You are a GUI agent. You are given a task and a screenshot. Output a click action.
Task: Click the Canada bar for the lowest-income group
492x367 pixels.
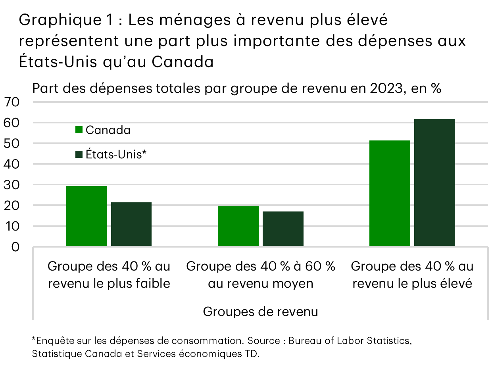pyautogui.click(x=86, y=216)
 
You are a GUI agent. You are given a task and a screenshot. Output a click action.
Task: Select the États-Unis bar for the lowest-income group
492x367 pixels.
pyautogui.click(x=131, y=225)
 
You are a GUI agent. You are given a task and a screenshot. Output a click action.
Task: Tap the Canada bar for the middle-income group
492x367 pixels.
pyautogui.click(x=238, y=226)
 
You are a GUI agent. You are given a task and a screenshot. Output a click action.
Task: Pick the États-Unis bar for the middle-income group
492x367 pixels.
pyautogui.click(x=283, y=229)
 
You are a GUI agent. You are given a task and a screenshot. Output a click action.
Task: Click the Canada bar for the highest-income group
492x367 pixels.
pyautogui.click(x=390, y=193)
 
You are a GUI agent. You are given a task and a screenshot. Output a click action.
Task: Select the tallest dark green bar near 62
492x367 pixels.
pyautogui.click(x=434, y=183)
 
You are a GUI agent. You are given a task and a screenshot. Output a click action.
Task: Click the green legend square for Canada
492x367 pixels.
pyautogui.click(x=79, y=130)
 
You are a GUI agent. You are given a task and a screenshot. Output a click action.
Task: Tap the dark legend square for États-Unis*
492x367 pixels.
pyautogui.click(x=79, y=154)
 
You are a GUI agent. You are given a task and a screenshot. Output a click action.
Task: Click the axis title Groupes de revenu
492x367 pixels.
pyautogui.click(x=260, y=311)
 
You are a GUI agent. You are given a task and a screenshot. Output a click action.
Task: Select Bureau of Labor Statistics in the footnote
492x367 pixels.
pyautogui.click(x=348, y=341)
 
